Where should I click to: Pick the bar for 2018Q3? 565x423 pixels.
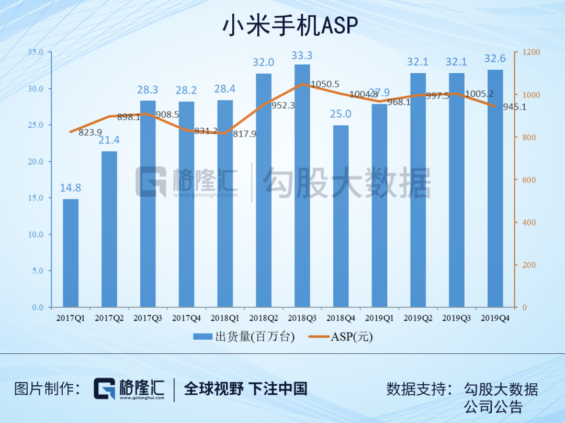(302, 186)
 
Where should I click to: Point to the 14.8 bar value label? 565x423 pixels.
(71, 188)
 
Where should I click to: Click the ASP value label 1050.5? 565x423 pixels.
(325, 84)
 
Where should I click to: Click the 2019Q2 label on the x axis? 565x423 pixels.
(419, 318)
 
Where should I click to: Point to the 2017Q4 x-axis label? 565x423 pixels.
(187, 318)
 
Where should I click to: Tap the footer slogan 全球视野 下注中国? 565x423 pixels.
(246, 388)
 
